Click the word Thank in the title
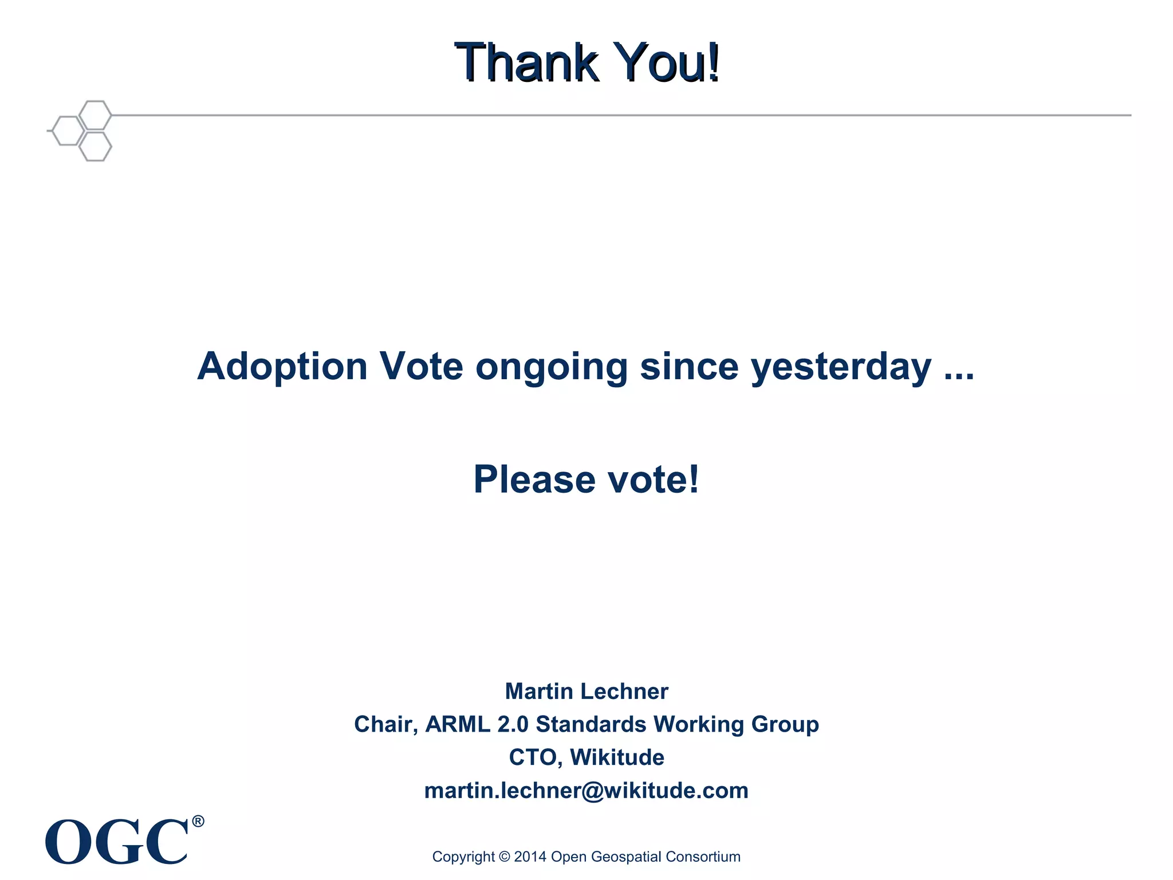pyautogui.click(x=526, y=62)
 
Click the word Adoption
pyautogui.click(x=282, y=367)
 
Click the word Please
pyautogui.click(x=534, y=479)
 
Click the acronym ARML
pyautogui.click(x=458, y=724)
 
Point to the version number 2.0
pyautogui.click(x=513, y=724)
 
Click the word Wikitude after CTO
pyautogui.click(x=617, y=757)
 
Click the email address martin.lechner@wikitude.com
pyautogui.click(x=586, y=791)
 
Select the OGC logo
pyautogui.click(x=117, y=840)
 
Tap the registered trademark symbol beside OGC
pyautogui.click(x=198, y=822)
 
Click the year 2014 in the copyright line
pyautogui.click(x=530, y=857)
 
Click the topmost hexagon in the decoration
pyautogui.click(x=95, y=115)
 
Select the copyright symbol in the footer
pyautogui.click(x=504, y=857)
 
